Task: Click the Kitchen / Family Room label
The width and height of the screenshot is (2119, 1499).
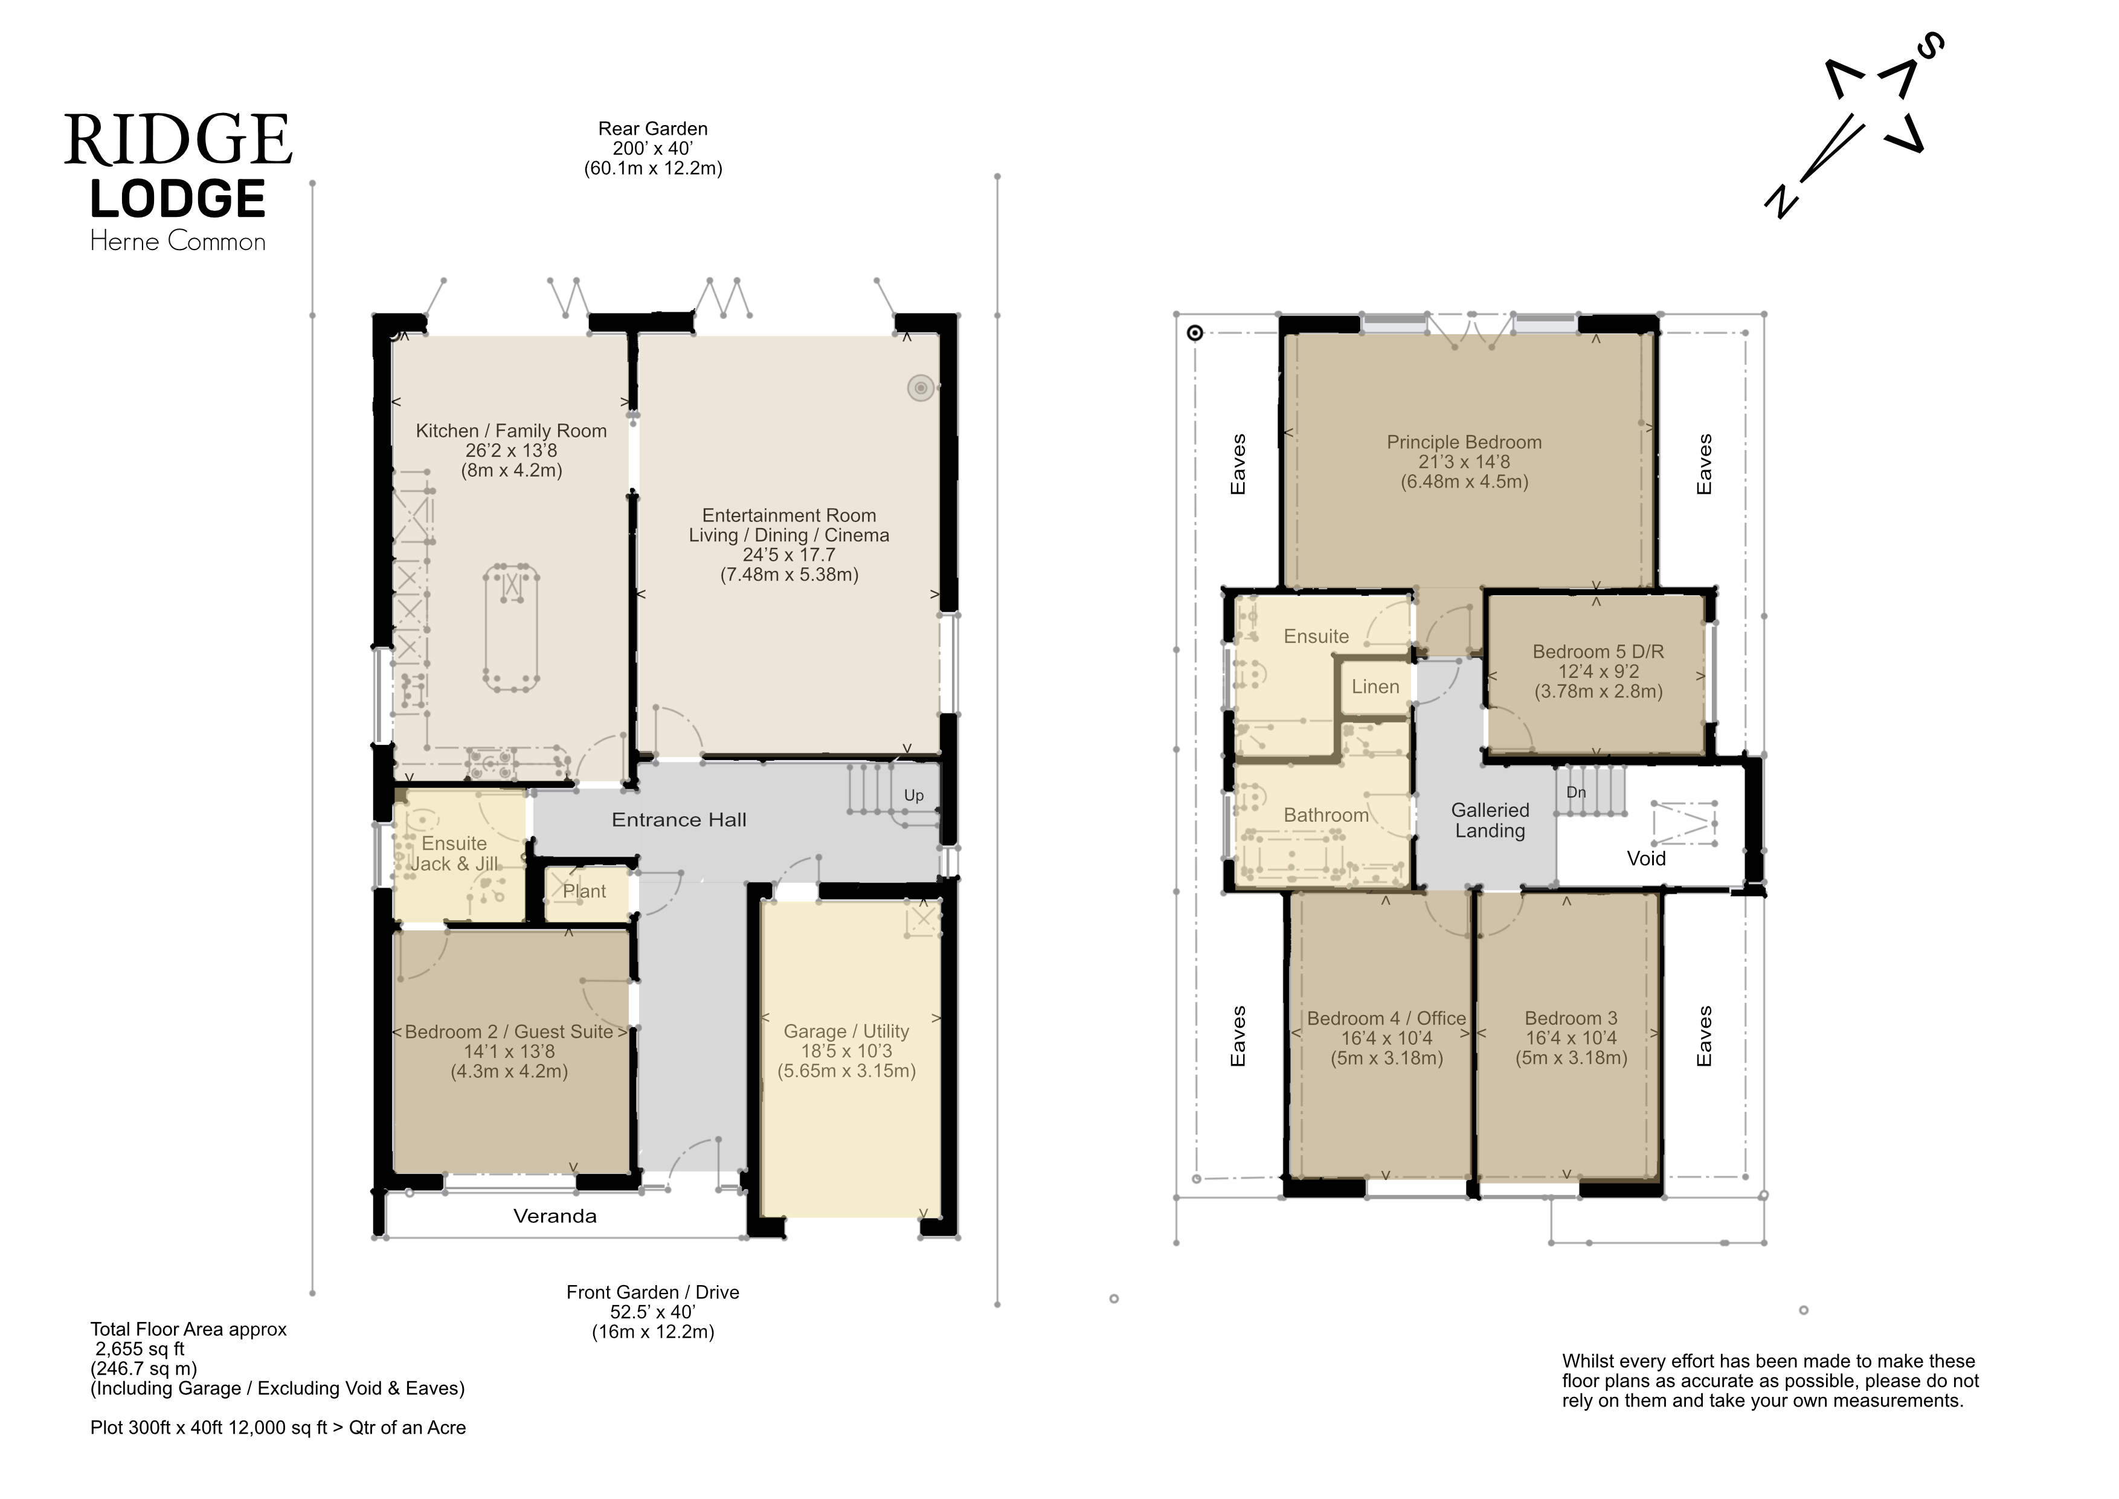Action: [511, 431]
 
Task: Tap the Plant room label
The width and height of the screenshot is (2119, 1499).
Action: [584, 892]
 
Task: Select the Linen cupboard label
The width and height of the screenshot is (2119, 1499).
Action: [1375, 687]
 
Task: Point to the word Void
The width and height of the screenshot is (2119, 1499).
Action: [1645, 859]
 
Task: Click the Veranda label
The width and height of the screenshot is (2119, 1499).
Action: [555, 1217]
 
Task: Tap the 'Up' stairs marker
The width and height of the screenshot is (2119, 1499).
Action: [914, 796]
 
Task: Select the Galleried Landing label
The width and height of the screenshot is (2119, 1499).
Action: [1490, 820]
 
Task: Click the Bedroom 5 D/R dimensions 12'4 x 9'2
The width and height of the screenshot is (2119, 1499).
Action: [1598, 672]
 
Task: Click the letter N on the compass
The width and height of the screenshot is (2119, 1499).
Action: [1781, 201]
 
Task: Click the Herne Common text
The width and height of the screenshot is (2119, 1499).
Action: [178, 242]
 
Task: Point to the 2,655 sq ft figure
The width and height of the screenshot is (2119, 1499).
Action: [140, 1350]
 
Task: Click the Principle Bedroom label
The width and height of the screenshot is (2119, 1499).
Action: [1464, 442]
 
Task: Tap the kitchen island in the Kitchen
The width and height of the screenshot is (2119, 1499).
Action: [511, 628]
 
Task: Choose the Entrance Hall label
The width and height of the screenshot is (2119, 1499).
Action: [680, 820]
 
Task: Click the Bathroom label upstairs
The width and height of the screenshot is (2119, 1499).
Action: [1326, 815]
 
